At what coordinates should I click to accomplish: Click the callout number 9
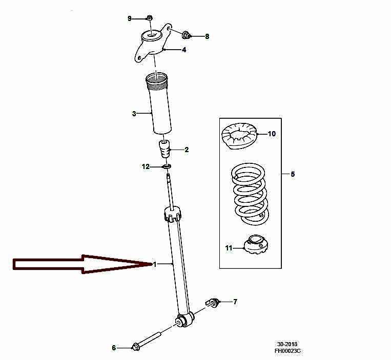(130, 18)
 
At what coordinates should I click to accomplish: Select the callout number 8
(207, 37)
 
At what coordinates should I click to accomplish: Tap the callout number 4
(184, 50)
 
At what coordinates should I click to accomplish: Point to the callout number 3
(134, 114)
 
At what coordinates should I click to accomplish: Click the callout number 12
(146, 166)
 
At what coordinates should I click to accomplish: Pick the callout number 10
(272, 134)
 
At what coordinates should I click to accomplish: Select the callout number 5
(293, 174)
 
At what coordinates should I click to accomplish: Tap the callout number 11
(229, 248)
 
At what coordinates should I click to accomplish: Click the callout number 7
(235, 302)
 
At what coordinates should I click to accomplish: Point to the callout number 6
(114, 348)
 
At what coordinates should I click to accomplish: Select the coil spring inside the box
(250, 194)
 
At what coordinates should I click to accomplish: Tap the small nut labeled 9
(150, 18)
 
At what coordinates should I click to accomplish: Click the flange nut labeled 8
(186, 35)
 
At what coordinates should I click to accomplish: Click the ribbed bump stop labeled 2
(164, 149)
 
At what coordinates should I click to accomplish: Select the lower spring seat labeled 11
(256, 244)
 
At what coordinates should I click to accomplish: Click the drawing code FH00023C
(287, 351)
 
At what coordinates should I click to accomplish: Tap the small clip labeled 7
(212, 303)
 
